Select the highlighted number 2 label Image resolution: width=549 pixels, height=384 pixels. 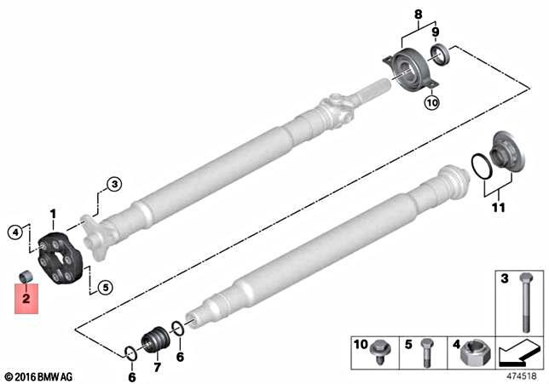(x=26, y=300)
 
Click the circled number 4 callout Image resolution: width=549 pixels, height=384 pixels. (x=14, y=231)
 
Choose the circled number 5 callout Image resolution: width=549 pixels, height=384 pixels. (x=104, y=287)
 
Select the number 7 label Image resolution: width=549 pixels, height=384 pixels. (x=156, y=368)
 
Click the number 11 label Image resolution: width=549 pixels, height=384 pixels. (x=499, y=207)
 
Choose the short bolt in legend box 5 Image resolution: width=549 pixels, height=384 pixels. (x=425, y=352)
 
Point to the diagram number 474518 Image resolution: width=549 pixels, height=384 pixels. (x=521, y=374)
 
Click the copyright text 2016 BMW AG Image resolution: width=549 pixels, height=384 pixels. (x=39, y=375)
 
